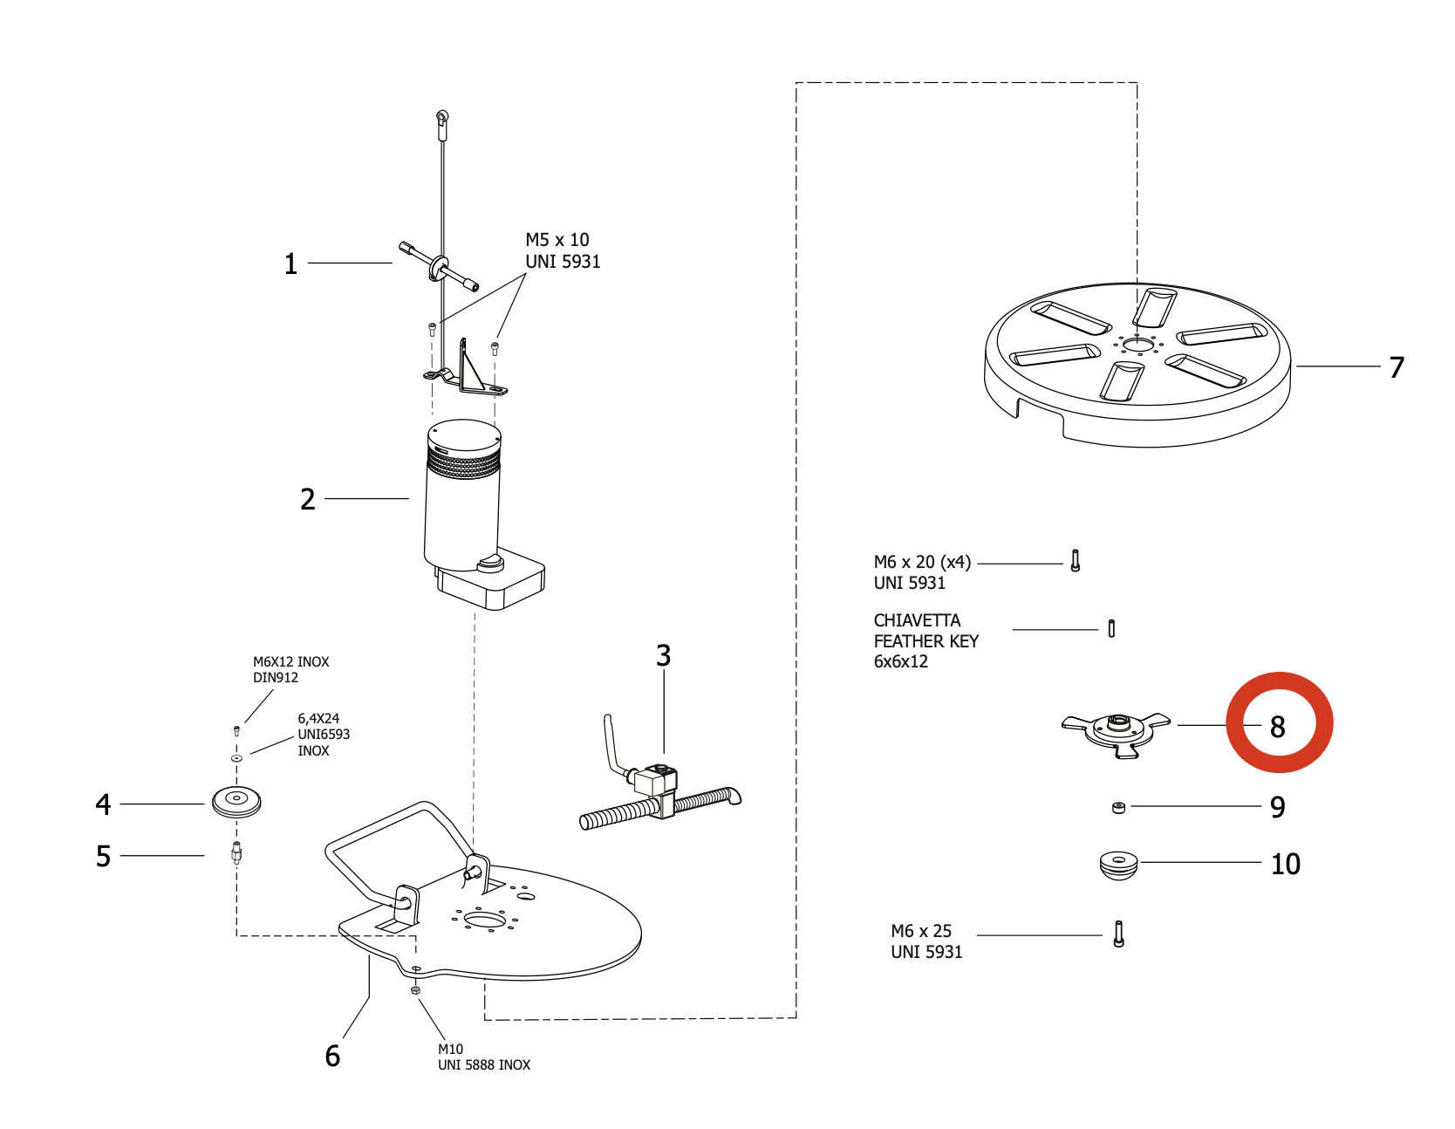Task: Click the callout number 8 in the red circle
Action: pyautogui.click(x=1278, y=727)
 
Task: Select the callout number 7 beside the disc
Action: pyautogui.click(x=1397, y=367)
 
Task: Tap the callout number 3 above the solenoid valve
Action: pyautogui.click(x=664, y=655)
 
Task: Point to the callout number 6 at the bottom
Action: pyautogui.click(x=332, y=1057)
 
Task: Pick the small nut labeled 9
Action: pyautogui.click(x=1119, y=807)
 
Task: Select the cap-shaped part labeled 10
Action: pyautogui.click(x=1119, y=865)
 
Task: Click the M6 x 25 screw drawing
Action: pyautogui.click(x=1119, y=934)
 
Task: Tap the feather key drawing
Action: pyautogui.click(x=1111, y=628)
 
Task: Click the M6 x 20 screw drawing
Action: pyautogui.click(x=1076, y=561)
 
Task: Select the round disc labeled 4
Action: pyautogui.click(x=236, y=801)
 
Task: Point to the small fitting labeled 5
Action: pyautogui.click(x=236, y=852)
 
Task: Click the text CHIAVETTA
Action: pyautogui.click(x=917, y=620)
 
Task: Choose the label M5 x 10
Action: pyautogui.click(x=557, y=240)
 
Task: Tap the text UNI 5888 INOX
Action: pyautogui.click(x=484, y=1065)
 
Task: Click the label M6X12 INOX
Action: pyautogui.click(x=291, y=662)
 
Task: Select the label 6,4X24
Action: pyautogui.click(x=318, y=719)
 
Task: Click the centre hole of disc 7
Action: pyautogui.click(x=1137, y=345)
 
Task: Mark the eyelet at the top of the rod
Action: pyautogui.click(x=442, y=116)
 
